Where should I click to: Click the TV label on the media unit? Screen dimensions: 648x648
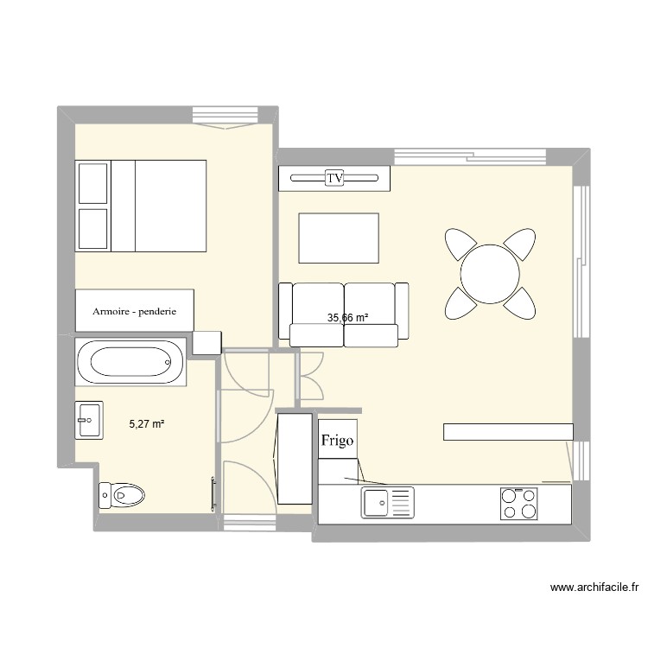point(334,178)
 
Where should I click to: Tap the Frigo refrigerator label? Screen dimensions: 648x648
point(337,441)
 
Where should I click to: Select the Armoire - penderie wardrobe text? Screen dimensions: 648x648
point(134,312)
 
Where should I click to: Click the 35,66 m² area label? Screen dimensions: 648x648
point(347,318)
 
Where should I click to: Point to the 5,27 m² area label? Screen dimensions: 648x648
point(147,424)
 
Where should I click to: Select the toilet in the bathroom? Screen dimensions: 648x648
point(122,494)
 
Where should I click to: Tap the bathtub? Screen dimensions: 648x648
point(130,364)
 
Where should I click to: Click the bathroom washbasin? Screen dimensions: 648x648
point(89,422)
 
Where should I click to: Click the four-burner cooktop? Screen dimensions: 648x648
point(520,503)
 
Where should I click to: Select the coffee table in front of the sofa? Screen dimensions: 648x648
point(339,238)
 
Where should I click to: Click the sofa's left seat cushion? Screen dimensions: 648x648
point(318,304)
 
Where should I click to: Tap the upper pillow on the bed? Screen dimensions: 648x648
point(92,182)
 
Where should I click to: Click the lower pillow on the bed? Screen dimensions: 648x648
point(92,229)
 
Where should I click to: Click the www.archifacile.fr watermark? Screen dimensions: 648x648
point(594,588)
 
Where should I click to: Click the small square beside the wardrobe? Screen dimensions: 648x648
point(207,342)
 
